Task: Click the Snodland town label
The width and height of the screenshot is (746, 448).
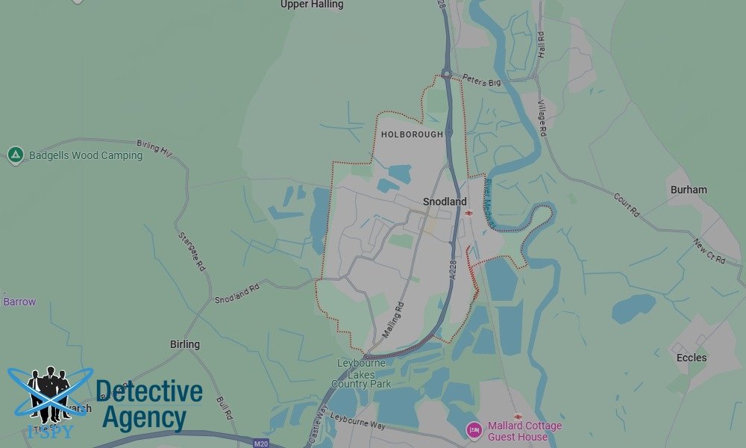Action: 445,202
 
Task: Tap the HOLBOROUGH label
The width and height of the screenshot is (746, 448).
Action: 412,134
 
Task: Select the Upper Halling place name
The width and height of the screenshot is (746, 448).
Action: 312,4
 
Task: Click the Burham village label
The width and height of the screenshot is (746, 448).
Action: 689,190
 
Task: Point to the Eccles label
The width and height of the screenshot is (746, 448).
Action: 692,358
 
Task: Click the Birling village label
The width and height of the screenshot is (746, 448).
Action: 185,344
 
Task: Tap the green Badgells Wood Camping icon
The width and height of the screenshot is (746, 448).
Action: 16,155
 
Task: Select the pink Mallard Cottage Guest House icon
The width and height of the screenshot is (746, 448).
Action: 473,430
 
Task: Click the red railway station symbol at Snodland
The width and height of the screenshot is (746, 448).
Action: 468,213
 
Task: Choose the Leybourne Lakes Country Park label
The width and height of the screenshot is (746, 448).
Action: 362,373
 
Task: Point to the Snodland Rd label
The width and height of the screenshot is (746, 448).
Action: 236,293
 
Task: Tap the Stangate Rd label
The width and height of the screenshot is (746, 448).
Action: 192,251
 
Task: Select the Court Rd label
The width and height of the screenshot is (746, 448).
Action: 627,205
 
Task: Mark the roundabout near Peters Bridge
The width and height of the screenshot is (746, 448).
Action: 447,74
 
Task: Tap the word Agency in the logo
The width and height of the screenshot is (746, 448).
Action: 144,417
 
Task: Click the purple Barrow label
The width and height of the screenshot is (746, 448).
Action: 19,302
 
